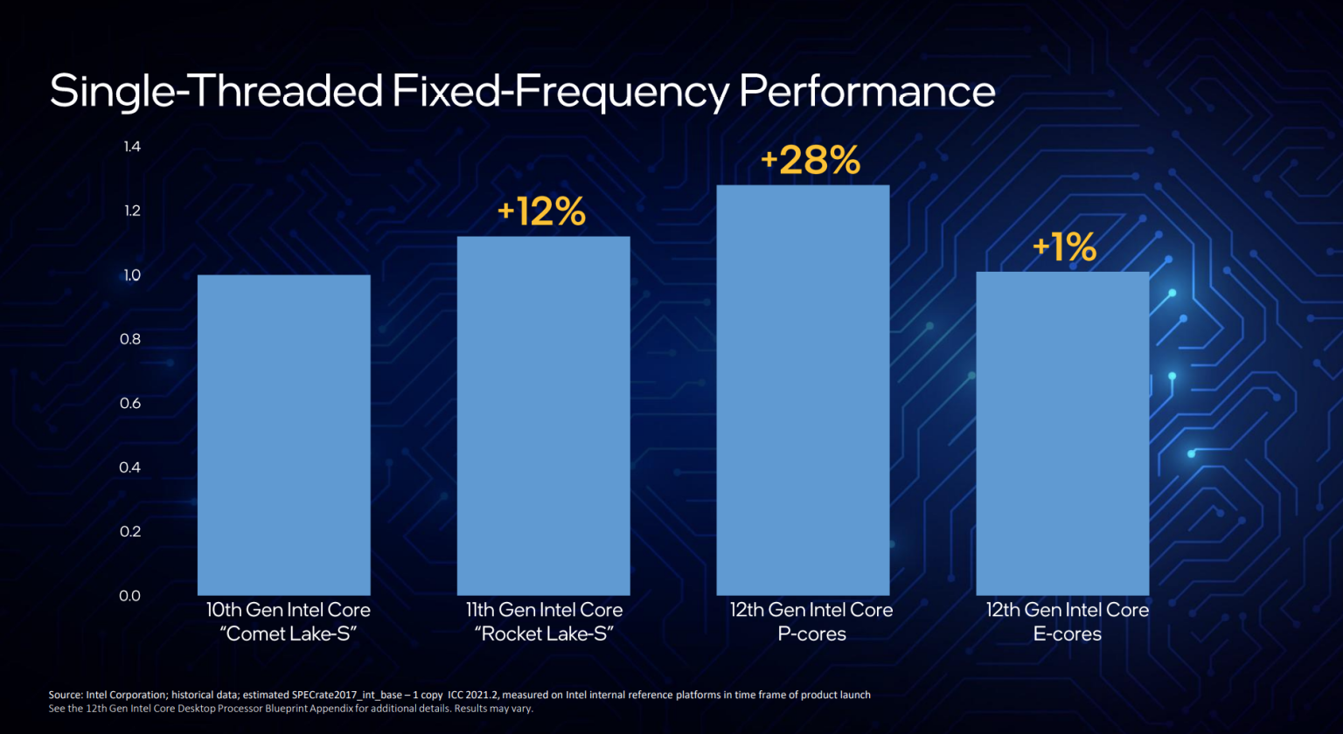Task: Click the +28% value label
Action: click(811, 161)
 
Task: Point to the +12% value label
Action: click(541, 212)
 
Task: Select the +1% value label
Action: click(1064, 247)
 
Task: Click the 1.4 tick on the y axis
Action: click(131, 147)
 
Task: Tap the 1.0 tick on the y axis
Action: click(131, 275)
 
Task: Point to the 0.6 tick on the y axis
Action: click(130, 403)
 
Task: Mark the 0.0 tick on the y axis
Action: click(130, 596)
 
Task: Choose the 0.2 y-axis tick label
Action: click(130, 531)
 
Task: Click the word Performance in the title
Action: click(867, 92)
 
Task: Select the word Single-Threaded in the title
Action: click(216, 92)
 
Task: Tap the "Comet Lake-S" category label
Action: click(289, 634)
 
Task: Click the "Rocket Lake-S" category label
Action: click(544, 634)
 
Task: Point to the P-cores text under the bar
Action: click(811, 634)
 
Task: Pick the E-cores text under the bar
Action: click(1067, 634)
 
